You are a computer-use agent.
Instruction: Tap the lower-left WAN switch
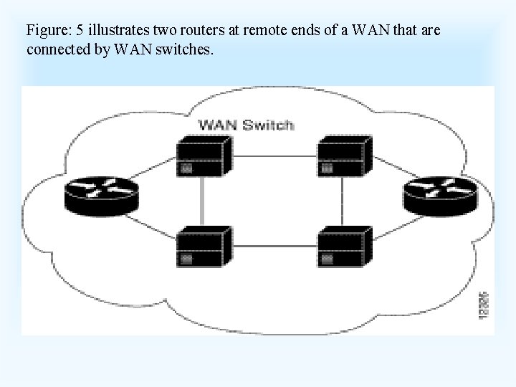pyautogui.click(x=204, y=245)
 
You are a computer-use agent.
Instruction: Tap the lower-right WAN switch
pyautogui.click(x=343, y=245)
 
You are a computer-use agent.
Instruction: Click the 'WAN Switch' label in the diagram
pyautogui.click(x=246, y=125)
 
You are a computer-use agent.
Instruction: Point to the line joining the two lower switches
pyautogui.click(x=274, y=245)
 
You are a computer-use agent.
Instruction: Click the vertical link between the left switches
pyautogui.click(x=203, y=201)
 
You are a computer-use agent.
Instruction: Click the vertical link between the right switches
pyautogui.click(x=343, y=201)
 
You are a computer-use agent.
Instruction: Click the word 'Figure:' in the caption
pyautogui.click(x=47, y=31)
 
